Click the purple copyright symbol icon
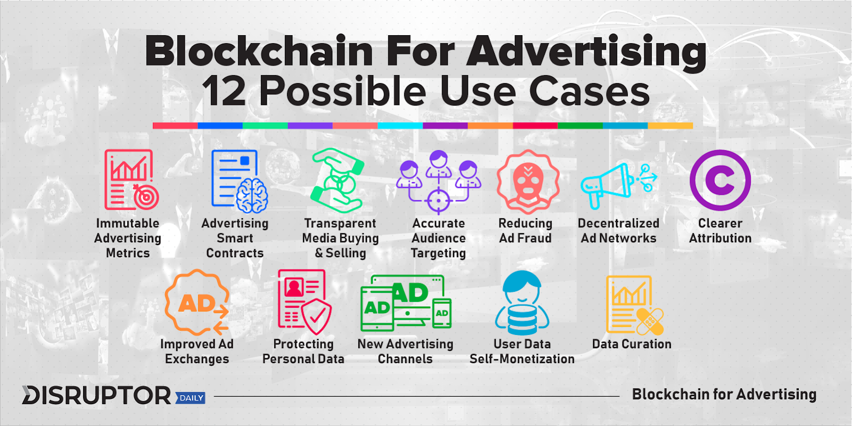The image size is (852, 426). click(720, 180)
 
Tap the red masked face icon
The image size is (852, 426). click(528, 182)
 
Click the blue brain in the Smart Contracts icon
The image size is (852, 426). click(251, 195)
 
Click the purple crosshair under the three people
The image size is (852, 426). click(438, 200)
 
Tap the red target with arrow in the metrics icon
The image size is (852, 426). click(145, 196)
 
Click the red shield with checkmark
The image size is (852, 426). click(316, 316)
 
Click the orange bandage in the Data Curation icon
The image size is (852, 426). click(649, 320)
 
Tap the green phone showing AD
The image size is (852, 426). click(442, 313)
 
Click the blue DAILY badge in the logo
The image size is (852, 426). click(191, 398)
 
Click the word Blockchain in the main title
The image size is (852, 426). click(259, 52)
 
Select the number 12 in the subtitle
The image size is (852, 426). click(224, 91)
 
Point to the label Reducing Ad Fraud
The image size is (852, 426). click(525, 231)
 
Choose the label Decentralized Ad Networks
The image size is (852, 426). click(618, 231)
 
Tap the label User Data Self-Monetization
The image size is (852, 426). click(522, 351)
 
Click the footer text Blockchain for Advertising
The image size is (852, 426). click(724, 395)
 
